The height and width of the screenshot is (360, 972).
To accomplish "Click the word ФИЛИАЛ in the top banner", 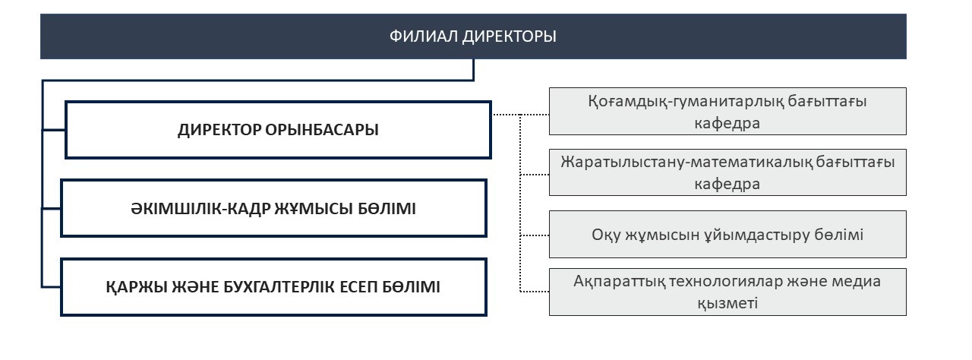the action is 424,36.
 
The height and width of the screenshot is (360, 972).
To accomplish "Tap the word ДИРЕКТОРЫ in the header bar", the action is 509,36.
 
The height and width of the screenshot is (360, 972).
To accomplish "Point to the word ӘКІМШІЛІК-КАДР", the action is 201,209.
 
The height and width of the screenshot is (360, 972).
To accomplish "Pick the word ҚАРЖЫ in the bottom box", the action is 137,287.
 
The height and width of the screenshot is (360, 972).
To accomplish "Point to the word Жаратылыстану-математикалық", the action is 686,162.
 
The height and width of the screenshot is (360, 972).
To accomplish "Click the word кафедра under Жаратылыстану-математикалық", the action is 727,184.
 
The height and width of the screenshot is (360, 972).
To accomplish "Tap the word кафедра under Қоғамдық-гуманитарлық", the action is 727,123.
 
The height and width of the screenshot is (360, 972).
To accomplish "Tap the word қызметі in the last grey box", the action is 727,303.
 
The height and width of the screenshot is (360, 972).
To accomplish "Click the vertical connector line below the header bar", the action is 473,69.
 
